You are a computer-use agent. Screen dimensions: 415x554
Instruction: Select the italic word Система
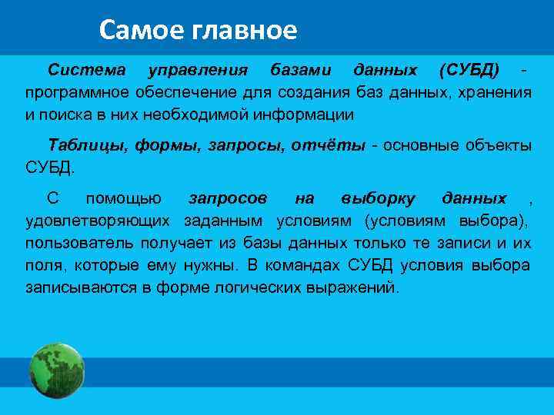[86, 70]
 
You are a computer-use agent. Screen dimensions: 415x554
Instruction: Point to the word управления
[197, 70]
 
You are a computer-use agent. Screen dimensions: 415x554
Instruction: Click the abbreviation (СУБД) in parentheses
[469, 70]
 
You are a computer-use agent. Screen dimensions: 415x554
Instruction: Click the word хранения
[494, 93]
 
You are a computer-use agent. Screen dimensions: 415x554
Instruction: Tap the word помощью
[123, 198]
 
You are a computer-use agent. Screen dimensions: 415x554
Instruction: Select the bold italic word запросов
[228, 198]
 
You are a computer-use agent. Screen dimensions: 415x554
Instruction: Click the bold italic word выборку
[378, 198]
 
